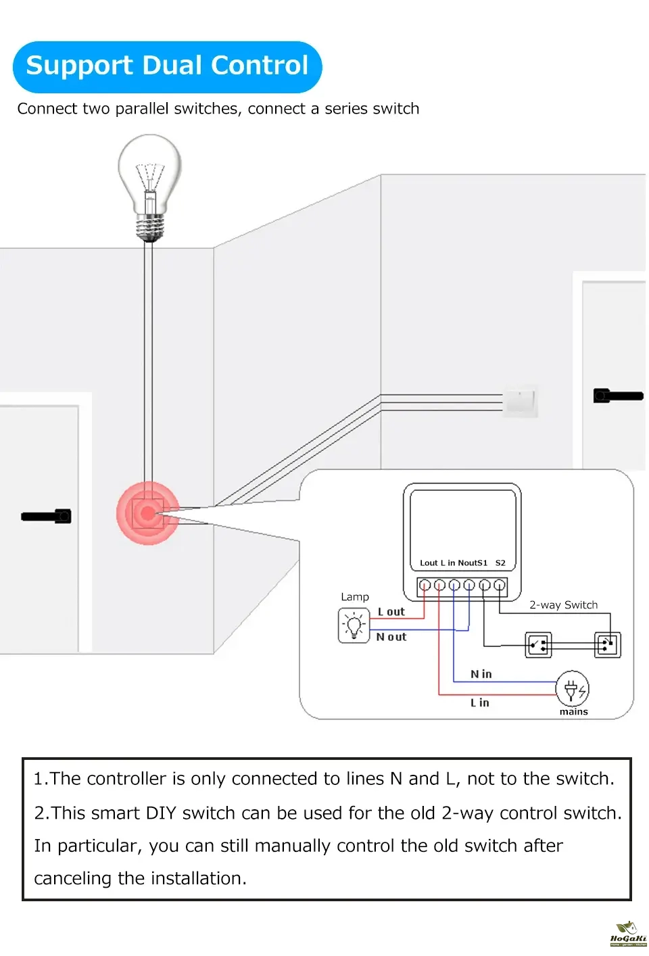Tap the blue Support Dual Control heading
coord(167,66)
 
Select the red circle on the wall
coord(148,513)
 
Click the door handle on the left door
coord(46,517)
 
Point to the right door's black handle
coord(617,396)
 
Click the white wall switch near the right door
coord(520,401)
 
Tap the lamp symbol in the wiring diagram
coord(354,625)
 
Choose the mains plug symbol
coord(572,689)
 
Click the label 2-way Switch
coord(563,605)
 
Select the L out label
coord(391,612)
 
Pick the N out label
coord(391,637)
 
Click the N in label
coord(481,674)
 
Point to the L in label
coord(480,703)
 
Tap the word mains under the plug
coord(573,712)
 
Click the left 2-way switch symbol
coord(539,645)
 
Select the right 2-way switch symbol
coord(607,644)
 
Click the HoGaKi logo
coord(628,934)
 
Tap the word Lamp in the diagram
coord(355,597)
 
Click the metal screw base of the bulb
coord(150,227)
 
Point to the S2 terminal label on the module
coord(500,563)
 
